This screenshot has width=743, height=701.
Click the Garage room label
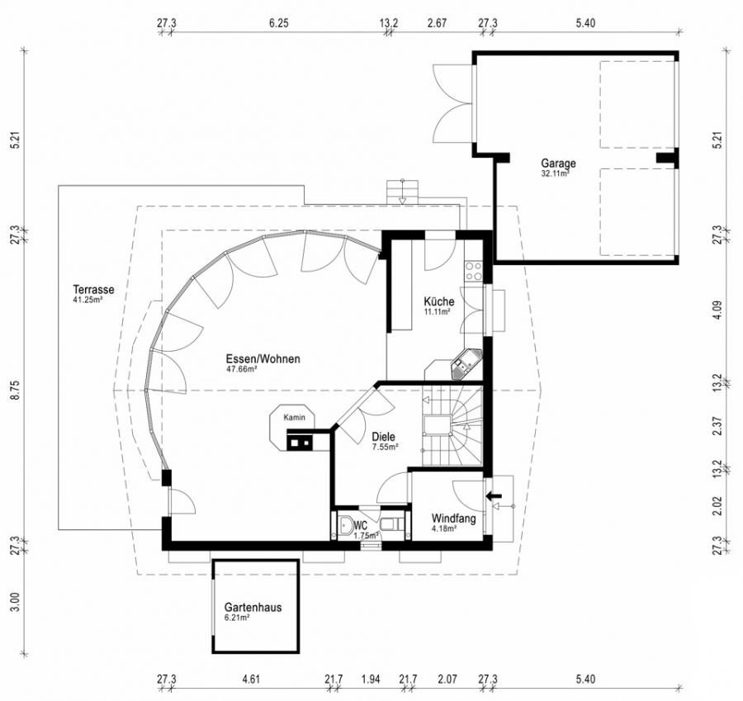558,163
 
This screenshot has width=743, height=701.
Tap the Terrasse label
93,289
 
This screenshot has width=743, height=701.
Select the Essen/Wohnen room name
263,359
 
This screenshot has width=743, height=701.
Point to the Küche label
439,301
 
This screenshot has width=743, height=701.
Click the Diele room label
383,437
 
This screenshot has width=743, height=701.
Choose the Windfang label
453,519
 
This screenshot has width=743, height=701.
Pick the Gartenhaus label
253,607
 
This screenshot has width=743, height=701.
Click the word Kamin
294,418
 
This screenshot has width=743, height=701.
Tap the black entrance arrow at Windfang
494,495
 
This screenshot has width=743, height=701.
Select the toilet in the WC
392,523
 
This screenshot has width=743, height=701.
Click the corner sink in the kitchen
466,362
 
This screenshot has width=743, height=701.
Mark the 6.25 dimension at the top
279,23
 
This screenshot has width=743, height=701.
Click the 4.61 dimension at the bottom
251,680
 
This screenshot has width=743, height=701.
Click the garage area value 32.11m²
555,173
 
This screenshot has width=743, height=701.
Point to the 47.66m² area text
242,369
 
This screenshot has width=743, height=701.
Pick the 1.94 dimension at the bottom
371,680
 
